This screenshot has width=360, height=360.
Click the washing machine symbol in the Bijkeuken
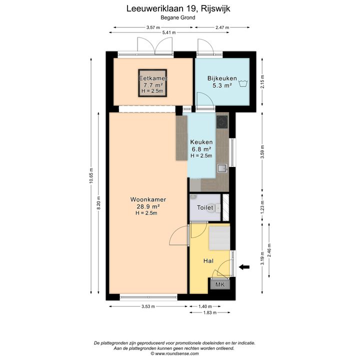(243, 83)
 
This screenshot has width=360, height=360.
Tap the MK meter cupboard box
(220, 284)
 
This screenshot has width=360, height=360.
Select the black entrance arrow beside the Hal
(244, 267)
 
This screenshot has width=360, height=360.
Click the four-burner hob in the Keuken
(222, 122)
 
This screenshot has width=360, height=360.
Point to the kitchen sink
(222, 168)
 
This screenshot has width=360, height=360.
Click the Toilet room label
(205, 208)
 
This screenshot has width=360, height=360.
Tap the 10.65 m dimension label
(91, 175)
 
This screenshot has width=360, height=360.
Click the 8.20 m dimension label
(98, 203)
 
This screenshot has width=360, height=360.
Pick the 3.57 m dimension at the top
(153, 27)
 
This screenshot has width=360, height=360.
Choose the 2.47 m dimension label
(222, 27)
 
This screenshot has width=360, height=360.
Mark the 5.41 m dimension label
(169, 32)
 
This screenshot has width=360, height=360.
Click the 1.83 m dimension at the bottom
(210, 312)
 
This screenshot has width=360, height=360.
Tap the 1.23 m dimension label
(262, 206)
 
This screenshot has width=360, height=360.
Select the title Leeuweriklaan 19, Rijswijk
(178, 8)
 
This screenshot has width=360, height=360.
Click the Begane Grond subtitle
(178, 17)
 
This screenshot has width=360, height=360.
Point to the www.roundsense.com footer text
(177, 354)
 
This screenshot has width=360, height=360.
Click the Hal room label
(208, 261)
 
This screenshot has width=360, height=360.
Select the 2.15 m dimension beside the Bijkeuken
(262, 81)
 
